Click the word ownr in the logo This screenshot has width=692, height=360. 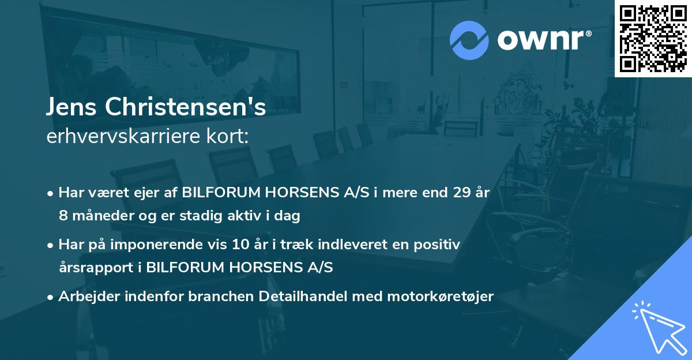tap(540, 40)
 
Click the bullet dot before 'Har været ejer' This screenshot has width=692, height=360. tap(51, 194)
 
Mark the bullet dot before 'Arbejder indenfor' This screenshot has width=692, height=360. tap(51, 297)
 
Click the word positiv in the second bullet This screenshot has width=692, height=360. tap(440, 245)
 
